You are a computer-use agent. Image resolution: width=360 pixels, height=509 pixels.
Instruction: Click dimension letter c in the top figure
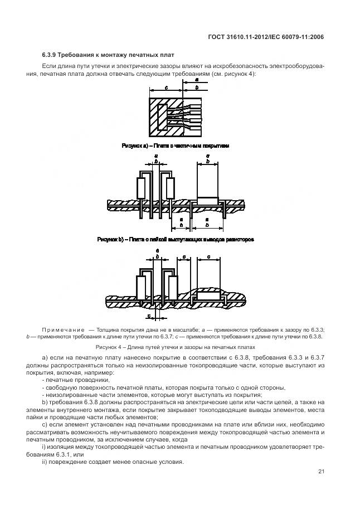166,88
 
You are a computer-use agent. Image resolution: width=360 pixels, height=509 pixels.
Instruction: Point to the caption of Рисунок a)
175,146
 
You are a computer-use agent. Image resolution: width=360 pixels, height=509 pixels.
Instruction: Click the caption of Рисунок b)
176,239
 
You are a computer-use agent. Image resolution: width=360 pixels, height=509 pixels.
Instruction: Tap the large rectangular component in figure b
208,181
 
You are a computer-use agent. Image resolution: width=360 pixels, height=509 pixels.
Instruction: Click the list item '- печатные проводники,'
76,380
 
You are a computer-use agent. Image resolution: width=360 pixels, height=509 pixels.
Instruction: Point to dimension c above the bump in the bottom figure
208,258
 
